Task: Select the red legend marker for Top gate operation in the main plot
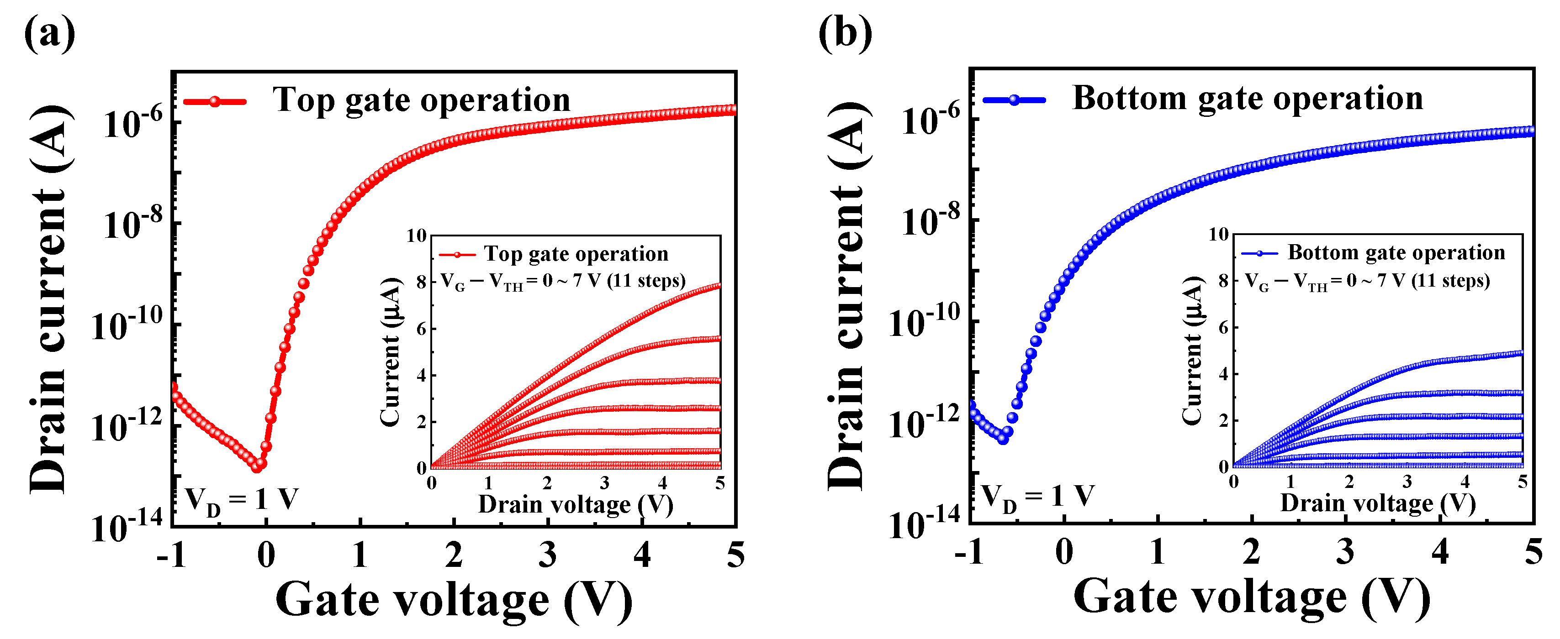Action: pyautogui.click(x=215, y=102)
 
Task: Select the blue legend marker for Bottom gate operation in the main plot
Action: pyautogui.click(x=1015, y=100)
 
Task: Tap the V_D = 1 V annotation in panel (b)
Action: pyautogui.click(x=1037, y=498)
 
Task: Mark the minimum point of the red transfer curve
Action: pyautogui.click(x=257, y=466)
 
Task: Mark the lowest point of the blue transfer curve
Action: pyautogui.click(x=1003, y=439)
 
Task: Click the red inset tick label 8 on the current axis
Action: pyautogui.click(x=421, y=282)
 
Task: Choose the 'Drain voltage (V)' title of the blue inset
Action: pyautogui.click(x=1378, y=503)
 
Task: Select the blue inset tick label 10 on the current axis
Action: pyautogui.click(x=1218, y=234)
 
